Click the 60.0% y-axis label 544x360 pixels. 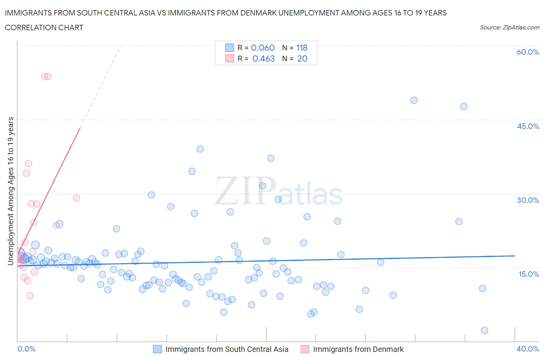pos(528,52)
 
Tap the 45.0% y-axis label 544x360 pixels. pos(528,126)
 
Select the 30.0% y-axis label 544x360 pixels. pos(528,200)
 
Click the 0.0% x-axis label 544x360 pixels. pos(26,349)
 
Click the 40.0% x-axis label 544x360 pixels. pos(528,349)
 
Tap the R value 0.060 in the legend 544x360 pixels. pos(263,48)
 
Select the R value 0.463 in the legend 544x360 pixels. pos(263,58)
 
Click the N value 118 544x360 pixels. pos(302,48)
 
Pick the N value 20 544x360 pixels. pos(302,58)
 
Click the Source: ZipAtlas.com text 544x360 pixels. pos(509,27)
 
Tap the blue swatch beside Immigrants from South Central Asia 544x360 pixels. pos(157,349)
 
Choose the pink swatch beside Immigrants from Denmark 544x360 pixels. pos(305,349)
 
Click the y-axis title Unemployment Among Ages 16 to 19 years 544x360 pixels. pos(10,191)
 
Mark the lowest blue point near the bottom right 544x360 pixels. pos(484,330)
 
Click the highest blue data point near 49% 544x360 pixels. pos(414,100)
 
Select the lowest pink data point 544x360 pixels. pos(30,295)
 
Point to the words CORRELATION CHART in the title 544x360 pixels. pos(44,27)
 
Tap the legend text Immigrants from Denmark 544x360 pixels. pos(358,349)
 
